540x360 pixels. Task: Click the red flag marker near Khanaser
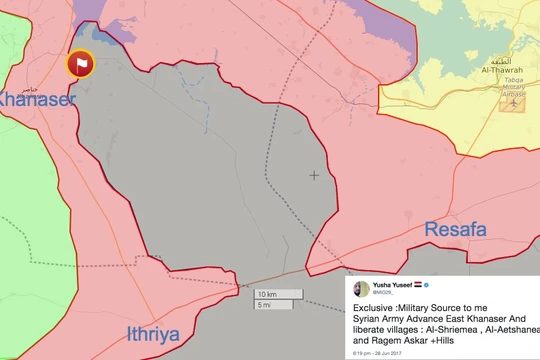[x=79, y=65]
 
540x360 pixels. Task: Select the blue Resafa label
[x=455, y=230]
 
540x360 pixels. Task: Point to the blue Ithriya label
[x=164, y=333]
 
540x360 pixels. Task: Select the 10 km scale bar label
[x=266, y=294]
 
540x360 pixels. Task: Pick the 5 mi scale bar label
[x=264, y=305]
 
